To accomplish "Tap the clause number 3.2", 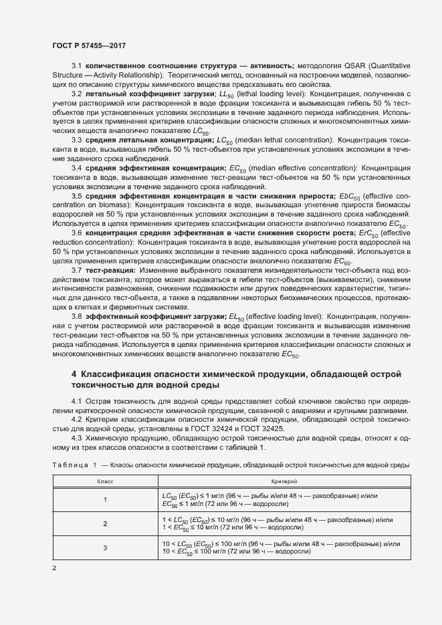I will (76, 94).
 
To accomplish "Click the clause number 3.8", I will (76, 316).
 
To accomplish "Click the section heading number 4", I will (74, 375).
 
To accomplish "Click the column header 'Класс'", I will (105, 481).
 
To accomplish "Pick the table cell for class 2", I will (105, 523).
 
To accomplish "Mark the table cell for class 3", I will (105, 548).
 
